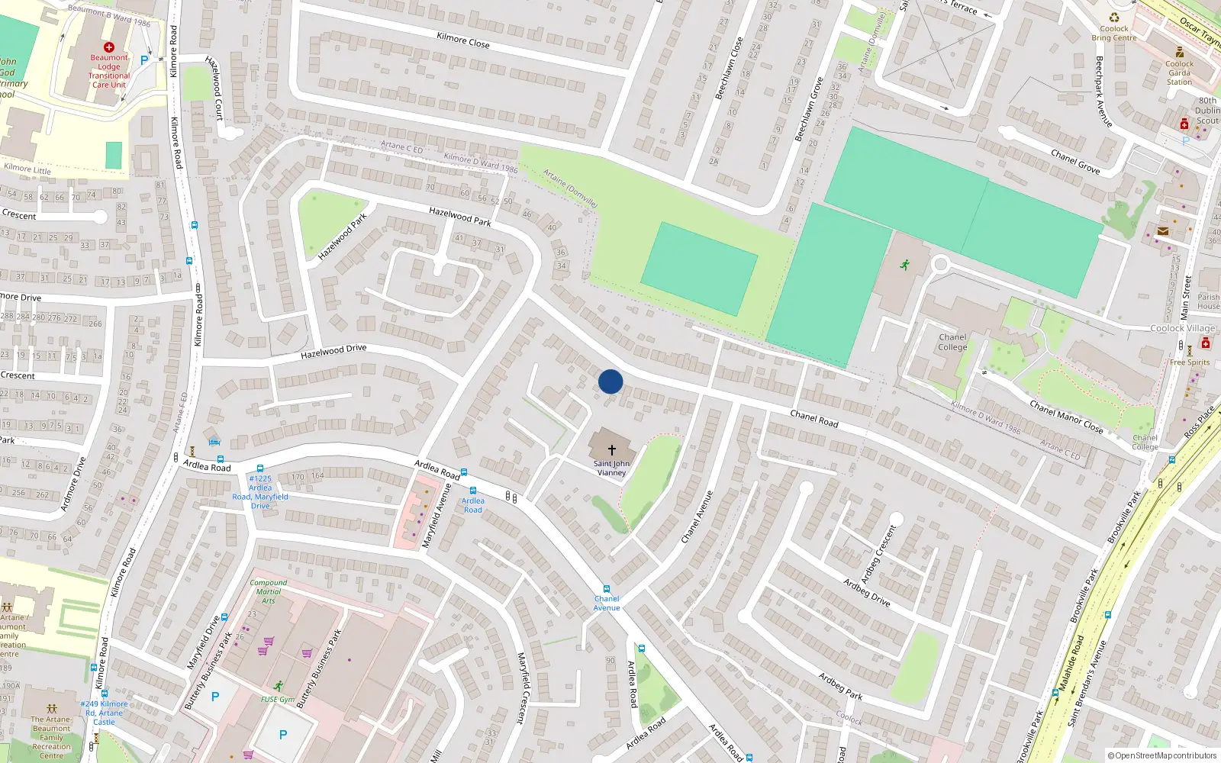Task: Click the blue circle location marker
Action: point(610,381)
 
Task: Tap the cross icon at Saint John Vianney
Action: point(611,450)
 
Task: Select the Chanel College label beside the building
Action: point(952,342)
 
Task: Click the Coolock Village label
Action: point(1182,329)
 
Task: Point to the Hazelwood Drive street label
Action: point(333,352)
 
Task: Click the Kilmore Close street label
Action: point(463,40)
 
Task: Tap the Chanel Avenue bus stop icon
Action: point(607,589)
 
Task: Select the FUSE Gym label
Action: point(277,699)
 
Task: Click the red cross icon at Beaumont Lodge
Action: point(109,47)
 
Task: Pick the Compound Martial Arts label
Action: point(269,591)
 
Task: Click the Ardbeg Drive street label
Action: point(866,592)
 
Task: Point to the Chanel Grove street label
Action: point(1075,162)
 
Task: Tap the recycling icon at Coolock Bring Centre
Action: point(1114,18)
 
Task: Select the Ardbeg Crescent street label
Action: point(878,554)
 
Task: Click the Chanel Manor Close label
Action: point(1066,417)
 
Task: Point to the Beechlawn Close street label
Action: point(729,69)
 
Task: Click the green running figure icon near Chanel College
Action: point(905,265)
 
